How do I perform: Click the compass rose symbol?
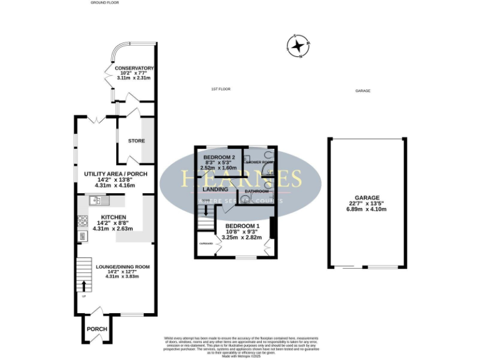pos(297,46)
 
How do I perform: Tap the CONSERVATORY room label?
pos(134,67)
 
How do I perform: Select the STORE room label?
pos(136,141)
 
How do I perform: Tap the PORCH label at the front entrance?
pos(97,329)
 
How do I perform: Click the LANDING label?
pos(214,188)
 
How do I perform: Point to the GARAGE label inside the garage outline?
pos(367,197)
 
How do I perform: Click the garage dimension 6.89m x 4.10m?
pos(367,209)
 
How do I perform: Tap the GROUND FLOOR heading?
pos(105,2)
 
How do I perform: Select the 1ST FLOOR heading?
pos(221,89)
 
